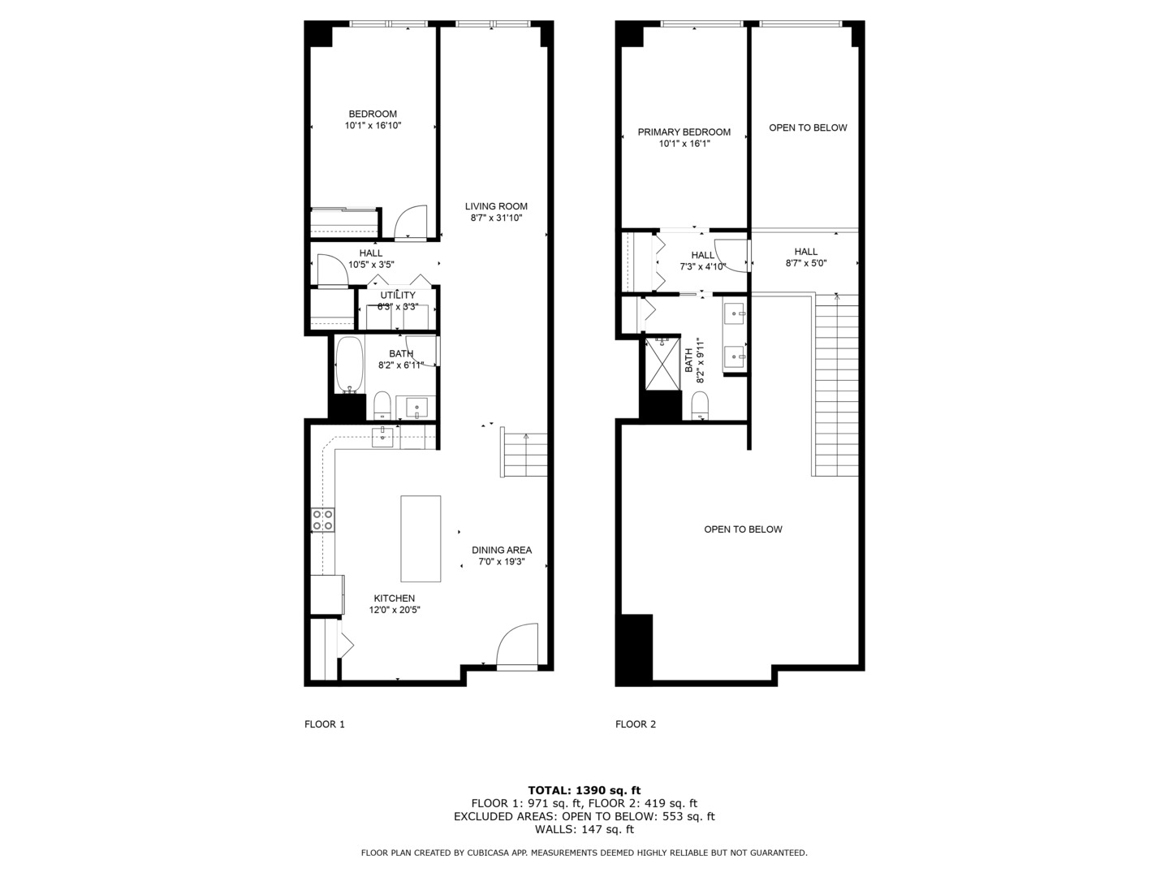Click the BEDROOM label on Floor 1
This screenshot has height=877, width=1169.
click(373, 114)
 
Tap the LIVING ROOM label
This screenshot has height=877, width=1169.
click(496, 206)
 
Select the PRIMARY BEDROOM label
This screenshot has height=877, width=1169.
click(684, 132)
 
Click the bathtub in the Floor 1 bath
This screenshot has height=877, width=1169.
click(349, 365)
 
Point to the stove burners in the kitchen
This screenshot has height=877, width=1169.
click(323, 520)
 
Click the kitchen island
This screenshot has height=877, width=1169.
click(421, 538)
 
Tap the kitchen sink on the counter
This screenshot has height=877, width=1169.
click(383, 437)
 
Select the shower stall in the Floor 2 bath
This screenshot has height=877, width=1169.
click(662, 363)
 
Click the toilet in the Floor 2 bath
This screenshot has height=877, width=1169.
click(700, 405)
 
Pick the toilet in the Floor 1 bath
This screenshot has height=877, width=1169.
click(382, 404)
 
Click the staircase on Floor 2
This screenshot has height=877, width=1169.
click(835, 386)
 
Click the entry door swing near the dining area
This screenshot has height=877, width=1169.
click(516, 645)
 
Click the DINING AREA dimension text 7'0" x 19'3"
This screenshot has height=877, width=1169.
click(502, 561)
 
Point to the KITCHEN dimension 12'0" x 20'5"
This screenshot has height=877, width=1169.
click(394, 610)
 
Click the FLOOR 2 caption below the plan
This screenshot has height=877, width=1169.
click(636, 724)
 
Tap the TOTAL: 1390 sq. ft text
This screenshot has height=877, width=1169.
click(584, 790)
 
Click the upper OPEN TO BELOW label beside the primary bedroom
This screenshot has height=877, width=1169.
click(808, 127)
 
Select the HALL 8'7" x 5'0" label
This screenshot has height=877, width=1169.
click(805, 257)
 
